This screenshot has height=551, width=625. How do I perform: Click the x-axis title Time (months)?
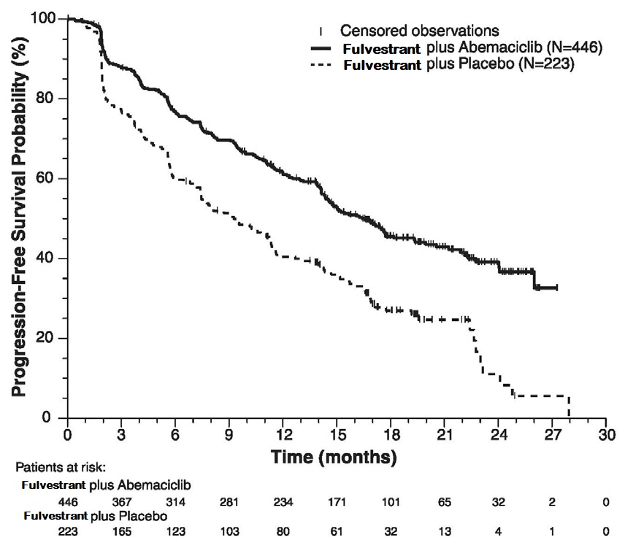click(x=334, y=458)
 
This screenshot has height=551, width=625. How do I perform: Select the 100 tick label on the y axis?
click(x=44, y=18)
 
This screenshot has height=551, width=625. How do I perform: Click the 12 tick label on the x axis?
click(x=283, y=434)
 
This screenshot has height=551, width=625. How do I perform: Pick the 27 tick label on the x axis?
click(x=552, y=434)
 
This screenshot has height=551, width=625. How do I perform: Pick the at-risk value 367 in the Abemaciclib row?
click(x=121, y=503)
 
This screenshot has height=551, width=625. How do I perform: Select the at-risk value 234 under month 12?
click(x=283, y=503)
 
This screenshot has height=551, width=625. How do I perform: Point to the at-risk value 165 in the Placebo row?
click(x=121, y=531)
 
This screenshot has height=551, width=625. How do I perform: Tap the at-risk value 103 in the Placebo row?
click(x=229, y=531)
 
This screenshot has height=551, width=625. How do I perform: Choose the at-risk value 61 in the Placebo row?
click(x=337, y=531)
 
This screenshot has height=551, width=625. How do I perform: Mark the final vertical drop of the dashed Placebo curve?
click(x=569, y=407)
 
